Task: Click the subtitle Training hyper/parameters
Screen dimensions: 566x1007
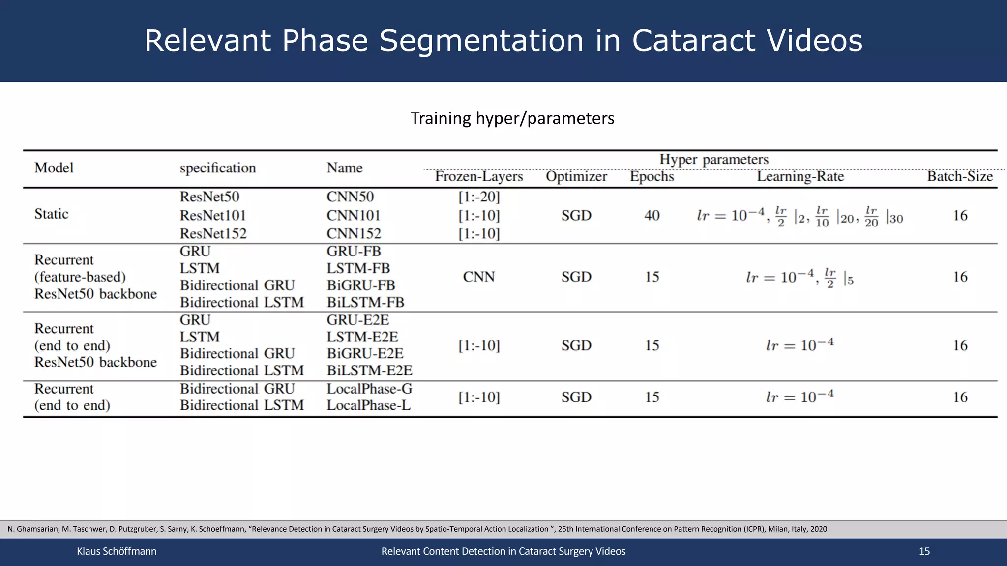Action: coord(512,118)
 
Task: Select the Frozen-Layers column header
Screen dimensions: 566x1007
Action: coord(478,176)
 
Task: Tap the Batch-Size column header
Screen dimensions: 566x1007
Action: coord(960,176)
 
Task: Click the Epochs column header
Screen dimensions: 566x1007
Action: coord(652,176)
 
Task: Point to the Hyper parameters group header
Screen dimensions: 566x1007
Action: coord(713,160)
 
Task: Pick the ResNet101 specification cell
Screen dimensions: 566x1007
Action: coord(212,215)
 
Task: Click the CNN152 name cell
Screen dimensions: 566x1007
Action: coord(354,233)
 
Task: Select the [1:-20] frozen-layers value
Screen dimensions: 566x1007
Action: coord(478,197)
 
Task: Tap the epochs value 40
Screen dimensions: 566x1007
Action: coord(652,215)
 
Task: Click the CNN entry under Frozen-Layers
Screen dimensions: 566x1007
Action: coord(478,277)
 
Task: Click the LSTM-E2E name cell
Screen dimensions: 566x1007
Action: coord(362,337)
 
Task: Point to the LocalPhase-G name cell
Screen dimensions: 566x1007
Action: coord(369,389)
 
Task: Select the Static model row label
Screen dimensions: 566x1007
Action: coord(51,214)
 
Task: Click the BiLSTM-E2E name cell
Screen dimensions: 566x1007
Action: coord(369,370)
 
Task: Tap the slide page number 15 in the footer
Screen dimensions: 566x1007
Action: coord(924,551)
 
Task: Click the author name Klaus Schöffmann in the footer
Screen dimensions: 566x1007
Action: coord(117,551)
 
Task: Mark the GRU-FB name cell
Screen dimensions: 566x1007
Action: coord(354,251)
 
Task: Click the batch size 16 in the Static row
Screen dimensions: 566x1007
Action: coord(960,215)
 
